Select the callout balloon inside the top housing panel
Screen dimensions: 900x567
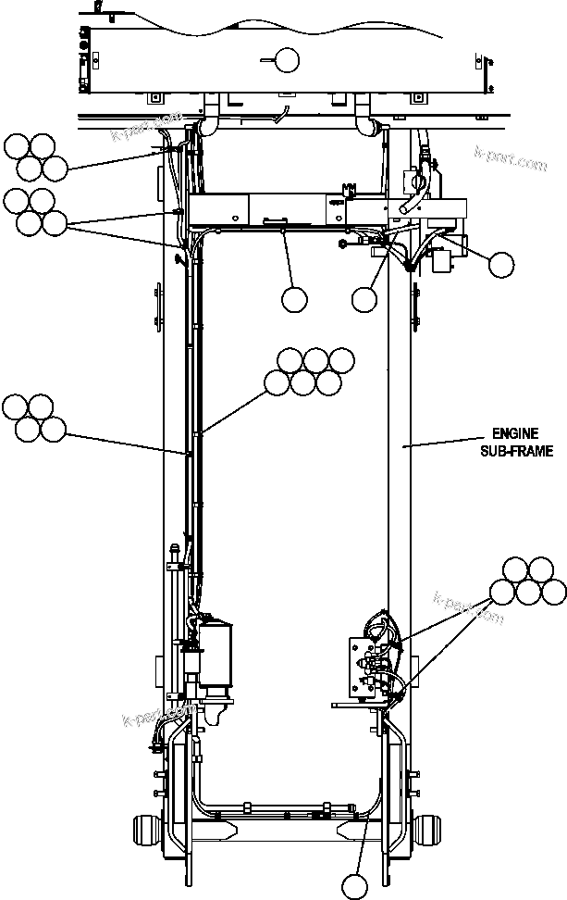287,61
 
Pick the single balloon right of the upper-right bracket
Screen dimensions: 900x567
500,265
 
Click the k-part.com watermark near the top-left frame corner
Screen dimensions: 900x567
146,128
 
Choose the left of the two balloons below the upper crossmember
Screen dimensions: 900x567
294,299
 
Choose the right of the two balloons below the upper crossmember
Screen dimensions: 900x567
364,299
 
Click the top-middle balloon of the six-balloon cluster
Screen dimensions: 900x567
316,359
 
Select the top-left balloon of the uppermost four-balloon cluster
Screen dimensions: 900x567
17,145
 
